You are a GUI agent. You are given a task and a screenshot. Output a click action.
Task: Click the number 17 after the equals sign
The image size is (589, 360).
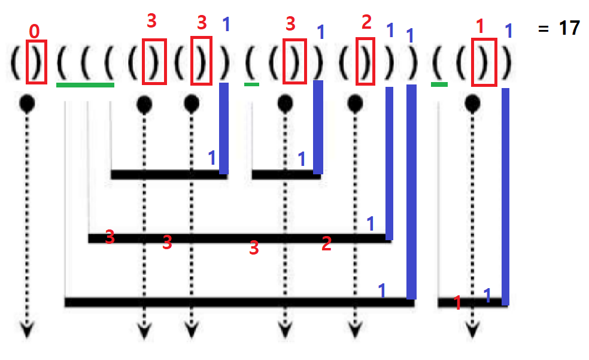(569, 28)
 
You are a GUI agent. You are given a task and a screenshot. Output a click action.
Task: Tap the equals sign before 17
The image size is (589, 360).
(543, 29)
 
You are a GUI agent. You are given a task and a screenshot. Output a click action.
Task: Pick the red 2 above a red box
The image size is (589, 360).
(367, 23)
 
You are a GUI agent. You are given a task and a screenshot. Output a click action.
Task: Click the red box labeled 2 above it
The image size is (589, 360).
(365, 62)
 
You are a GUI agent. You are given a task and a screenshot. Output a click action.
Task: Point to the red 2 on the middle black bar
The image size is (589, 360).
(326, 243)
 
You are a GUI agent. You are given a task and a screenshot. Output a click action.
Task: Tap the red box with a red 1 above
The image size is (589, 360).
(483, 62)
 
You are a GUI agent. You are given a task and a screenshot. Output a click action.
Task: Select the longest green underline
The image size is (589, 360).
(85, 85)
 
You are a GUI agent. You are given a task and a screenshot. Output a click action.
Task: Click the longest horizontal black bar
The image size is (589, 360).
(239, 302)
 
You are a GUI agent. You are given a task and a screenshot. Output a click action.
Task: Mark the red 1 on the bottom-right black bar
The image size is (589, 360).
(457, 302)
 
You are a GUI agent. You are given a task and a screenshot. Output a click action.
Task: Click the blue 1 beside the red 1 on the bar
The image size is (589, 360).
(487, 295)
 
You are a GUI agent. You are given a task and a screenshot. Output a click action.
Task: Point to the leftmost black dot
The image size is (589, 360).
(27, 104)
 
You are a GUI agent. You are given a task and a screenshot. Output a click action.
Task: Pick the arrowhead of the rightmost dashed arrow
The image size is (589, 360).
(473, 330)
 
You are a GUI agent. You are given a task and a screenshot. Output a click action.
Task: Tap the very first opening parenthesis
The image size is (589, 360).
(16, 62)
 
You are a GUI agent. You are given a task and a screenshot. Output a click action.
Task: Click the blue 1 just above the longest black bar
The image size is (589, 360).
(382, 291)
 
